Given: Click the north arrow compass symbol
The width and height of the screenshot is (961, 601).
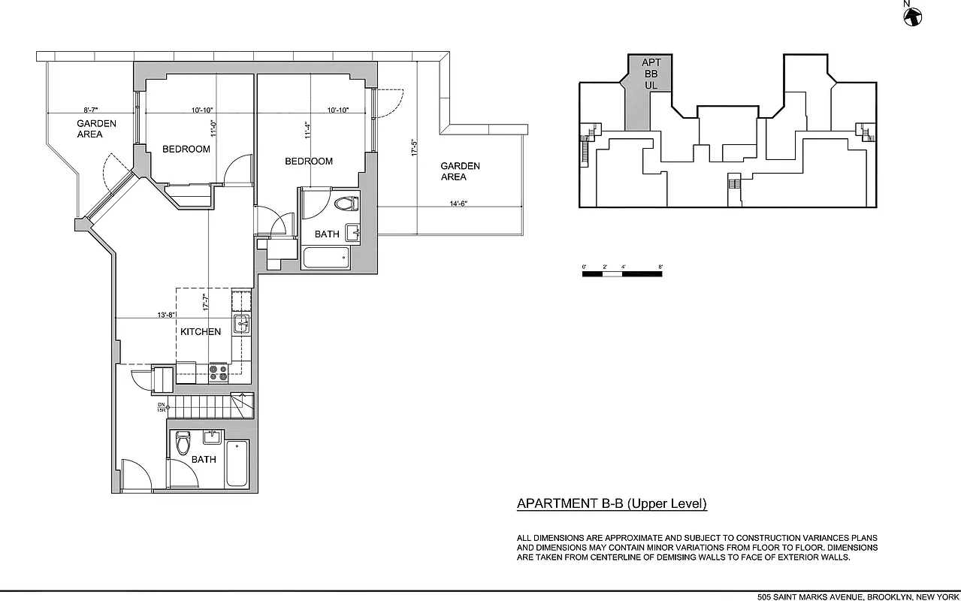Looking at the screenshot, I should (912, 17).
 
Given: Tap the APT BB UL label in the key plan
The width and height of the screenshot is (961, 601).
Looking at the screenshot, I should (651, 74).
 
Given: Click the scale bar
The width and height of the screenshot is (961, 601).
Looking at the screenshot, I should (622, 274).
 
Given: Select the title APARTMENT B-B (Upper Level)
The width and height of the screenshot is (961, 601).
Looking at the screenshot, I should (612, 504).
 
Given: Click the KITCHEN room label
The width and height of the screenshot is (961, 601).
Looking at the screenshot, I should (201, 331).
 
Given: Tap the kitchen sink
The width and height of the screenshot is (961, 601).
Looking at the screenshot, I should (241, 325).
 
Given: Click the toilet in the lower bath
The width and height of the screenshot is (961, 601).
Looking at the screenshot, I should (182, 443).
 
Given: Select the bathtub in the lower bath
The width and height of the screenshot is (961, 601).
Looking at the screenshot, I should (237, 464).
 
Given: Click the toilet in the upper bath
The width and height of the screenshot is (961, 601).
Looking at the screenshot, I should (346, 204).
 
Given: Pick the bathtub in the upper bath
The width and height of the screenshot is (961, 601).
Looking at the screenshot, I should (325, 259).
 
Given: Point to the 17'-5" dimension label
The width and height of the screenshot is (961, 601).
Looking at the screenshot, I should (414, 146).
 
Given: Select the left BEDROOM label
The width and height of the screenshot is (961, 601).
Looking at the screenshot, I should (186, 149).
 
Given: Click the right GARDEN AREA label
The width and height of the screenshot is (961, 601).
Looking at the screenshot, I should (460, 171).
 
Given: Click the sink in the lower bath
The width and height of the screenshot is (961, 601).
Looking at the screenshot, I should (212, 436).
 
